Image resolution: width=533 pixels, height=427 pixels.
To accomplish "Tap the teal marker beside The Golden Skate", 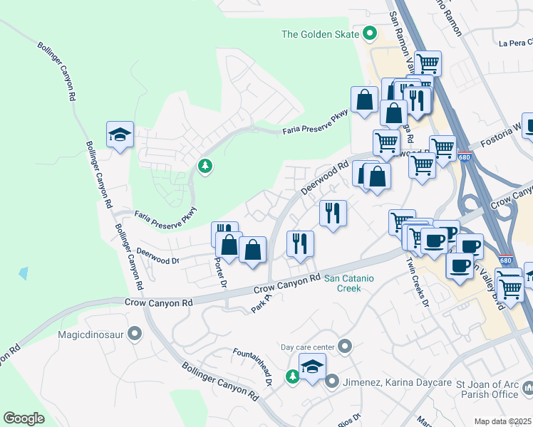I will point(370,33).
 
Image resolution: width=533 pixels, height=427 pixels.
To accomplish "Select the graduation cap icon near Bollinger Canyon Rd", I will point(120,134).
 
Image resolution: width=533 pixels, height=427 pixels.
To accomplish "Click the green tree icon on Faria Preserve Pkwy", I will point(205,166).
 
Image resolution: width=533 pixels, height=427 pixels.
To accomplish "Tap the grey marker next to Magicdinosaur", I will point(136,332).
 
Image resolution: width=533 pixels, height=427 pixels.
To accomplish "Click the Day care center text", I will point(307,347).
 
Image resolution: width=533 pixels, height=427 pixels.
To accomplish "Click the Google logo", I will point(24,418).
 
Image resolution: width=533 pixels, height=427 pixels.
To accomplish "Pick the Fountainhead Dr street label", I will point(254,367).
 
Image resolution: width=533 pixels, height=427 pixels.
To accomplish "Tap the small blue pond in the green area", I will point(25,273).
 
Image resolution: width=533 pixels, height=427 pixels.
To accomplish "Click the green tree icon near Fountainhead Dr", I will point(293,376).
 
